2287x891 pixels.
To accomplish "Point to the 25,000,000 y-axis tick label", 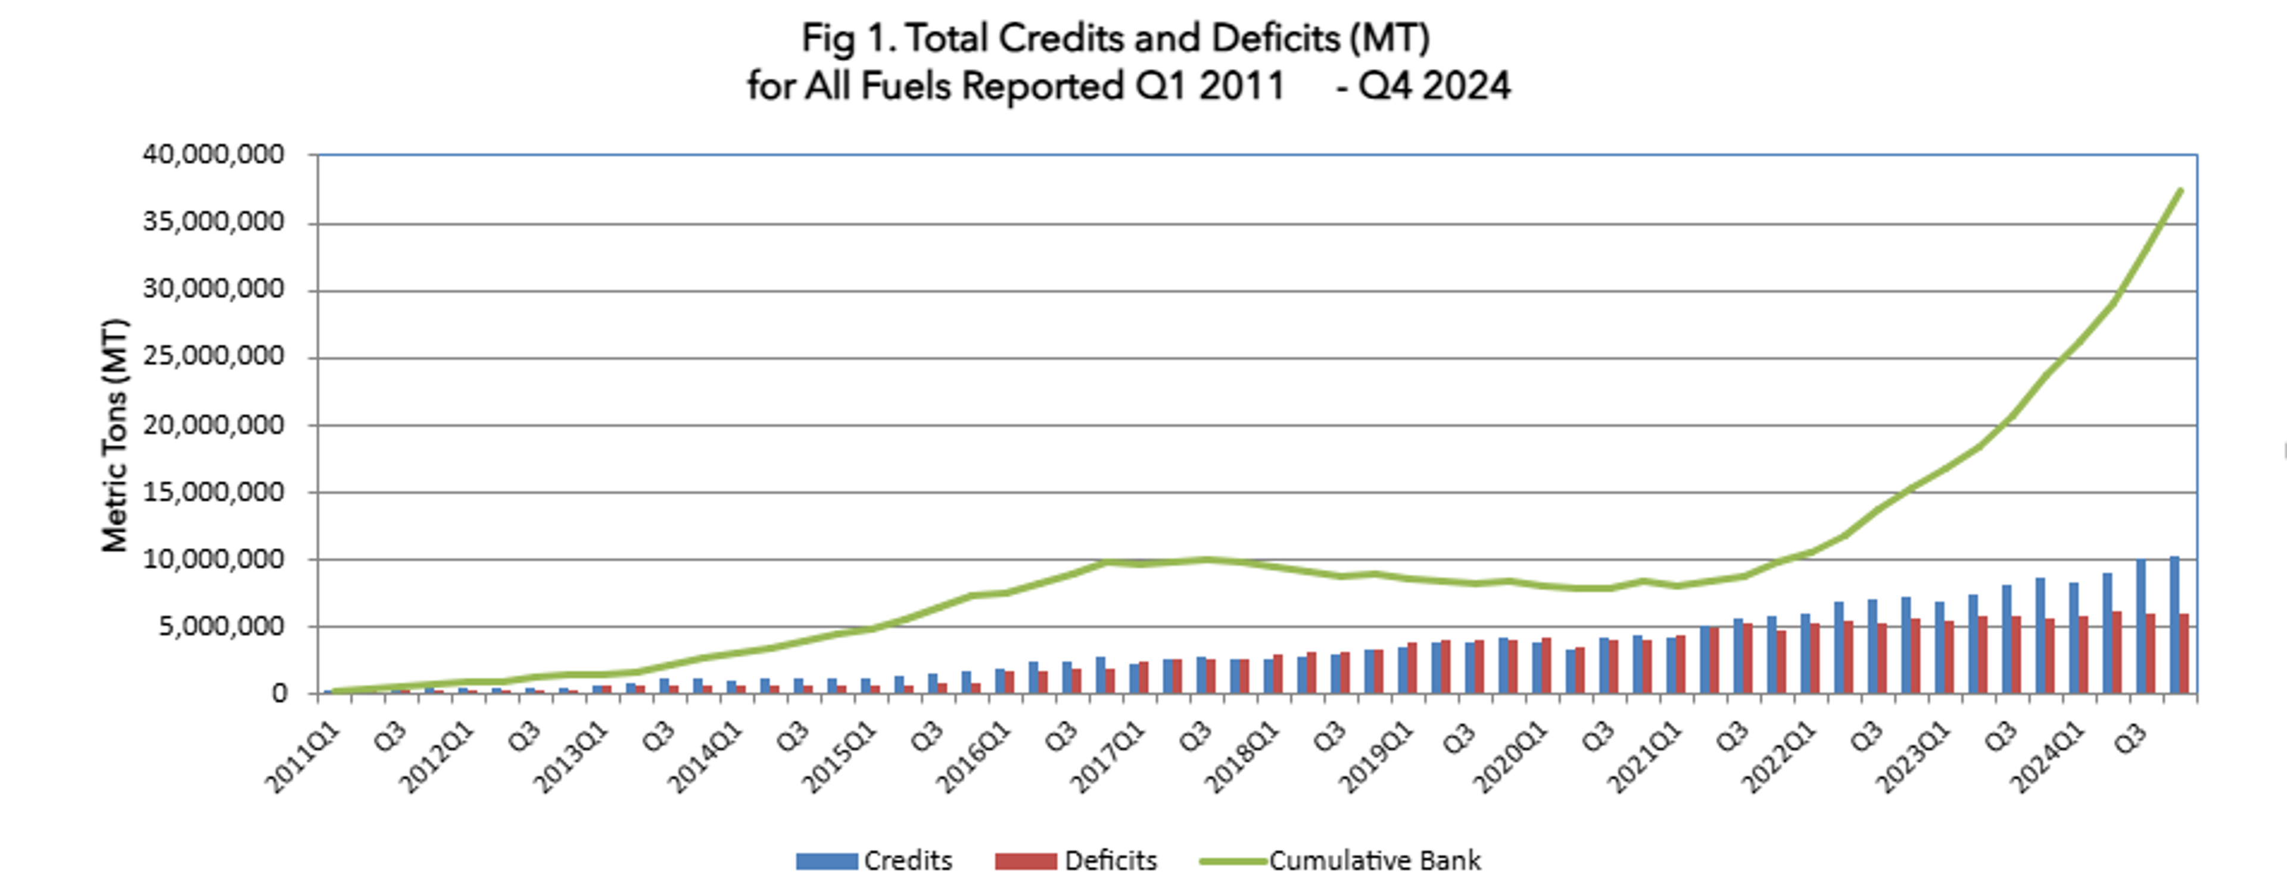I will coord(213,357).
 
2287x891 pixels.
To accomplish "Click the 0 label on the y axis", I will coord(280,694).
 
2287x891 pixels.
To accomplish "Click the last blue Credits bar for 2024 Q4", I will coord(2174,625).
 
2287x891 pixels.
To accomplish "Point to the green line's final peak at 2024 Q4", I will coord(2180,190).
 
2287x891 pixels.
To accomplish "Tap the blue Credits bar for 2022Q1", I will coord(1805,653).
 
